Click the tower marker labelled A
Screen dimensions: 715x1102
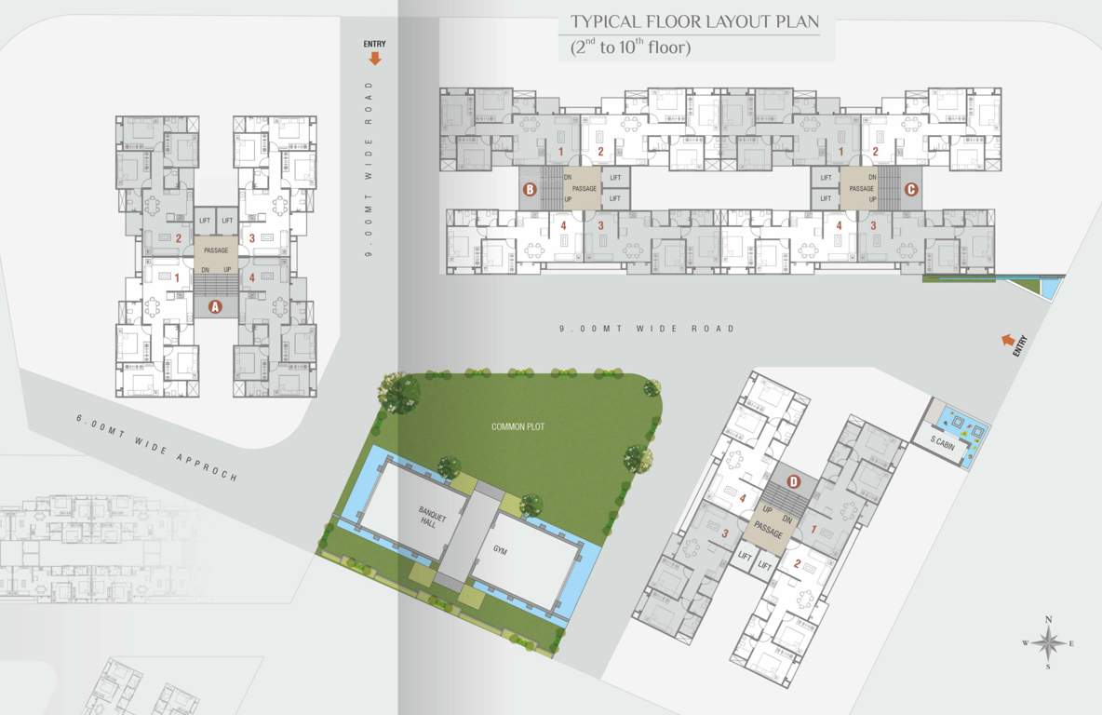[215, 306]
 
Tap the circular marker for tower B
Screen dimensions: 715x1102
[530, 190]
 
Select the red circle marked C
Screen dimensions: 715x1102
[911, 190]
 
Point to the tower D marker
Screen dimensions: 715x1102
[793, 481]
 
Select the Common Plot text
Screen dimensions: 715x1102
[517, 426]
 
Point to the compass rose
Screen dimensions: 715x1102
[1048, 642]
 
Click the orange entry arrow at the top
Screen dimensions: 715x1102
[375, 58]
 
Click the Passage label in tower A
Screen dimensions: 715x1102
[215, 250]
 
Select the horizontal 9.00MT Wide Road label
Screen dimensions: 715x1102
[647, 329]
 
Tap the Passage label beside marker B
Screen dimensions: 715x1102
[584, 189]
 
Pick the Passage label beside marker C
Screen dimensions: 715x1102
[861, 189]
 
